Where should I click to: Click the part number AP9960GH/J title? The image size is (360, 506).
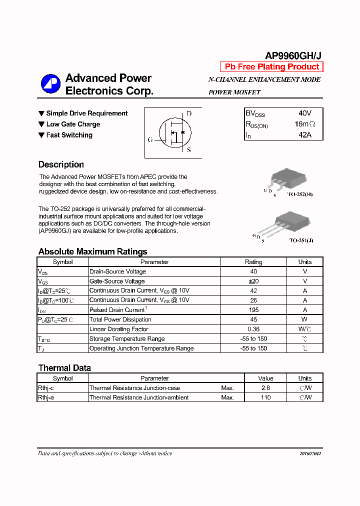pyautogui.click(x=293, y=56)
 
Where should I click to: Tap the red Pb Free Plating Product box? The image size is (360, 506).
pyautogui.click(x=271, y=67)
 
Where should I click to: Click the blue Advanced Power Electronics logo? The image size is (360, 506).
pyautogui.click(x=50, y=84)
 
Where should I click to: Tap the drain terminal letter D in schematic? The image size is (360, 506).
pyautogui.click(x=188, y=113)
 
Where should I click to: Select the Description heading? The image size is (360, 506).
pyautogui.click(x=61, y=164)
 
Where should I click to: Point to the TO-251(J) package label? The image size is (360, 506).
pyautogui.click(x=301, y=240)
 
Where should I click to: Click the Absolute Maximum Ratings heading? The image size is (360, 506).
pyautogui.click(x=92, y=251)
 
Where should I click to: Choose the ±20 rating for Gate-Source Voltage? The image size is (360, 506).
pyautogui.click(x=253, y=281)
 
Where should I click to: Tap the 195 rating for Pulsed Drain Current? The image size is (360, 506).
pyautogui.click(x=253, y=310)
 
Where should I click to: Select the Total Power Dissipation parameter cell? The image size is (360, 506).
pyautogui.click(x=120, y=319)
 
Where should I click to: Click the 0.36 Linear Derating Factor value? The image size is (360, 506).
pyautogui.click(x=253, y=329)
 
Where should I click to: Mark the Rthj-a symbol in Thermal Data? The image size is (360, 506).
pyautogui.click(x=46, y=397)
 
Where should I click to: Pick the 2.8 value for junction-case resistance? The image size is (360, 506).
pyautogui.click(x=265, y=388)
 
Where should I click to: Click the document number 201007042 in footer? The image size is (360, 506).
pyautogui.click(x=310, y=453)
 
